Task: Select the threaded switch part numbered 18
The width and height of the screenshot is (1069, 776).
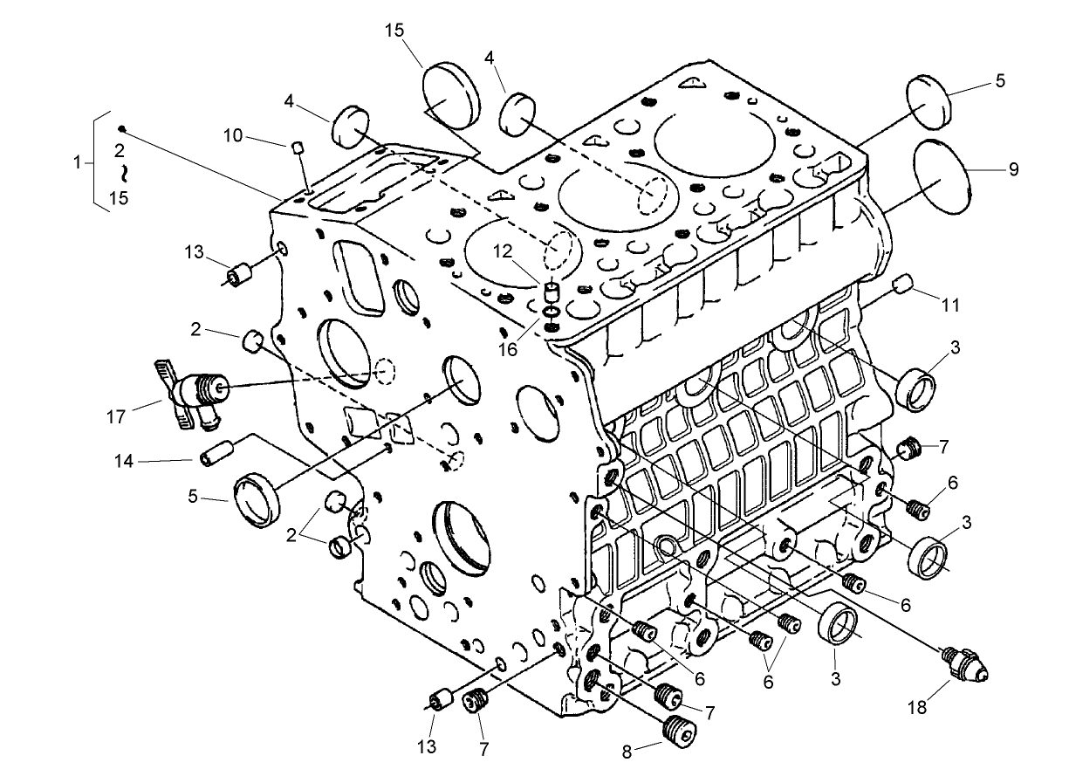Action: (966, 665)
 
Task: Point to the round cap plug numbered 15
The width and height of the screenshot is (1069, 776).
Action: (451, 95)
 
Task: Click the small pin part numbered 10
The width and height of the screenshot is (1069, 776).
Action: (297, 147)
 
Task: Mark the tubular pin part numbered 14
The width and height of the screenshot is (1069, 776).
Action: (216, 455)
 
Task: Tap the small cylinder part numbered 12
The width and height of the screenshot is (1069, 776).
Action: (551, 289)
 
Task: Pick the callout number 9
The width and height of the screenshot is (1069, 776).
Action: (1012, 169)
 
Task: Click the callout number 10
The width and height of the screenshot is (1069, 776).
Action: (232, 135)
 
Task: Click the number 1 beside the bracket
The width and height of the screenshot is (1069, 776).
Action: (78, 162)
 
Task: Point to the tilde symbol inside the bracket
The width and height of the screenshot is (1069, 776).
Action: (123, 173)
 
